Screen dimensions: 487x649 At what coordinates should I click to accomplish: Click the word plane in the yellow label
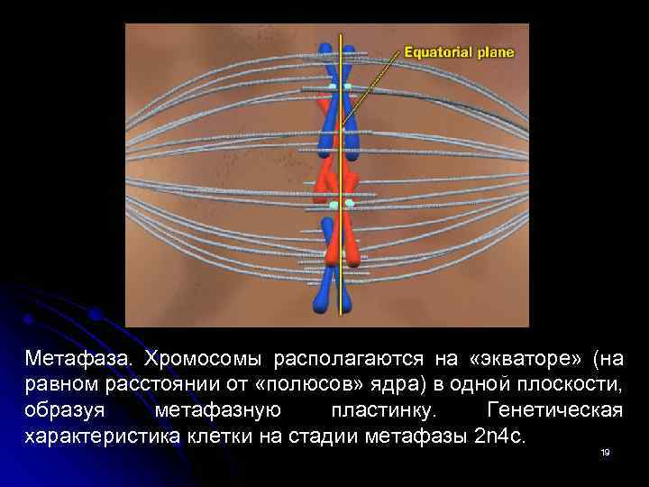click(496, 52)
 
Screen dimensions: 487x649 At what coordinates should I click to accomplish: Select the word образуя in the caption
click(62, 411)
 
